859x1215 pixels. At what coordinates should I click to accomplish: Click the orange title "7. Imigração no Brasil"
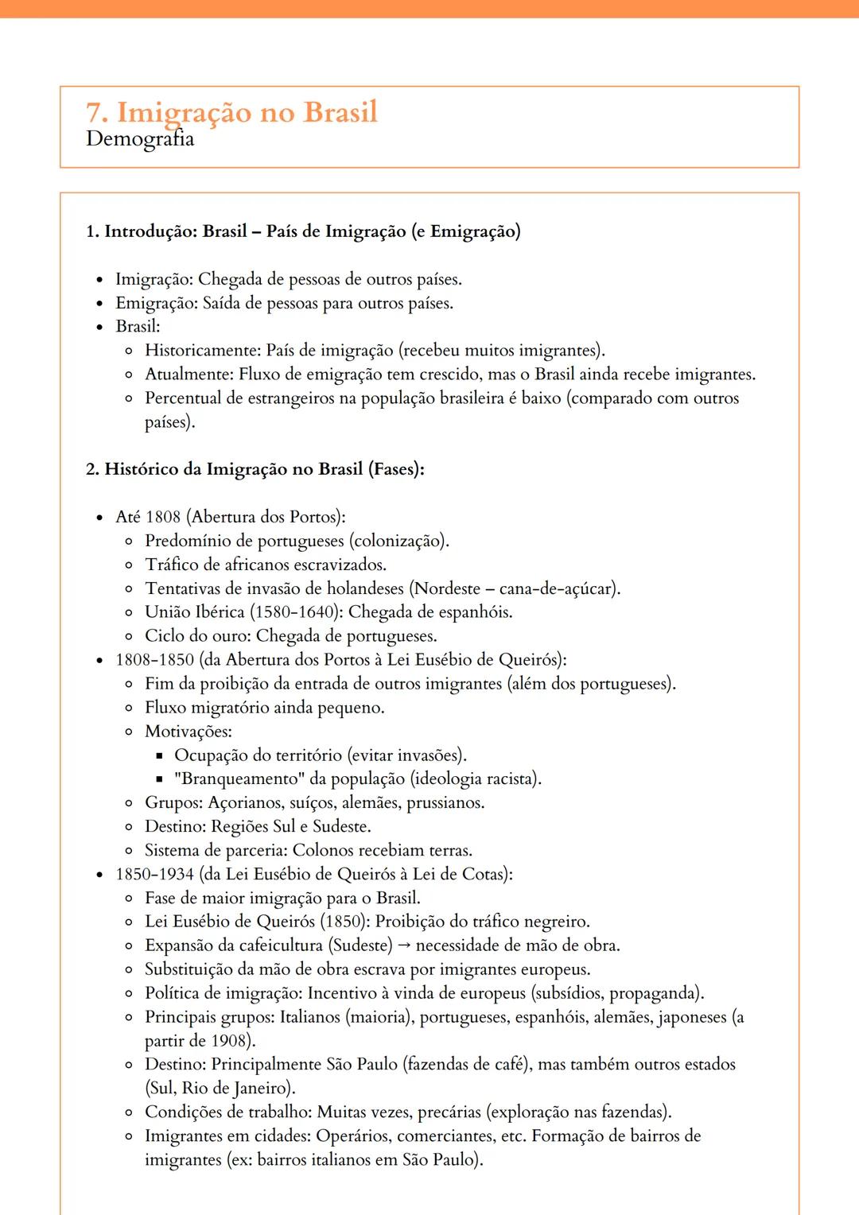coord(231,112)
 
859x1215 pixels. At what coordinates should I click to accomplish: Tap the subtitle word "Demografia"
coord(140,139)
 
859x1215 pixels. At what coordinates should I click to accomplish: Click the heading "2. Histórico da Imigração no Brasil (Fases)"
coord(255,469)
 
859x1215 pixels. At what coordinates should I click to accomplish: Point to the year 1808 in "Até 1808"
coord(163,517)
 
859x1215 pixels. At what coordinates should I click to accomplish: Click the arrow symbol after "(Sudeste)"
coord(404,945)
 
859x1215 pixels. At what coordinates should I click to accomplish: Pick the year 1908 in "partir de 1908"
coord(230,1041)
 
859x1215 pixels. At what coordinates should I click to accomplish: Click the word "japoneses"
coord(691,1017)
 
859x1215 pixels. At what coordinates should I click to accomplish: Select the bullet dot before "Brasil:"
coord(99,327)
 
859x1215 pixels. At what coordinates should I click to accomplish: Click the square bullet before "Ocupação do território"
coord(159,755)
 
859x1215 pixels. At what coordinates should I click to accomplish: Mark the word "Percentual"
coord(182,398)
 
